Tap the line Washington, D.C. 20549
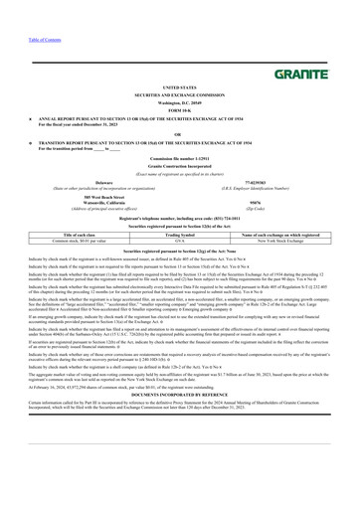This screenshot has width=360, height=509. pos(179,100)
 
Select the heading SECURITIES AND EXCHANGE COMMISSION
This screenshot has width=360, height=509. pos(179,93)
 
